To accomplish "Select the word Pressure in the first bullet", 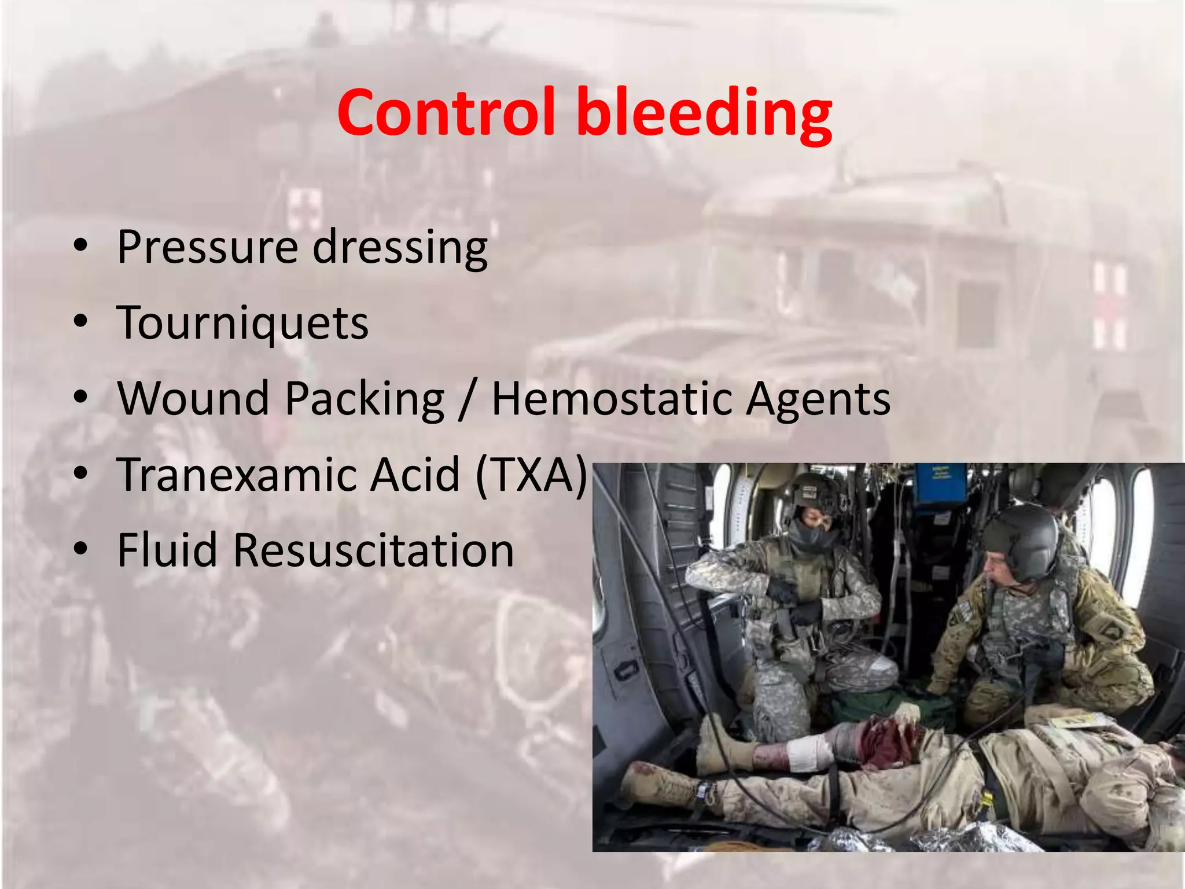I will (x=208, y=247).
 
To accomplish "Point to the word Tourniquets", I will (x=242, y=324).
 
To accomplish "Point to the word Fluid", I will (x=167, y=550).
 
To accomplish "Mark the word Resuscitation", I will (x=374, y=550).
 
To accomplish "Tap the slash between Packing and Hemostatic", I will (x=466, y=400).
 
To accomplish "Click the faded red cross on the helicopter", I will (x=304, y=208).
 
